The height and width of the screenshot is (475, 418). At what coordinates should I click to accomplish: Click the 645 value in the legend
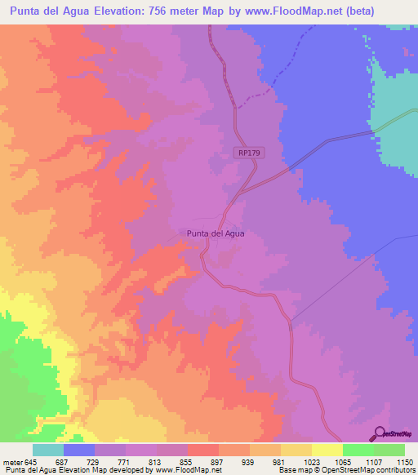click(32, 462)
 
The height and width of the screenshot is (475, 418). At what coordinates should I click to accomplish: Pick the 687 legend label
click(63, 462)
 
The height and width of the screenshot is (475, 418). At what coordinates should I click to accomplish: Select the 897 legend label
click(218, 462)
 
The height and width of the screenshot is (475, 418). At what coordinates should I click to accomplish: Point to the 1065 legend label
click(342, 462)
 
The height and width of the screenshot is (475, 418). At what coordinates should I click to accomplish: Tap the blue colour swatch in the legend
click(78, 450)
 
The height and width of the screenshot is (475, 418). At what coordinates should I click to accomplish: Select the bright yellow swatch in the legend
click(327, 450)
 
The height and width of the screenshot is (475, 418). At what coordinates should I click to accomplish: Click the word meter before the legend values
click(11, 462)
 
